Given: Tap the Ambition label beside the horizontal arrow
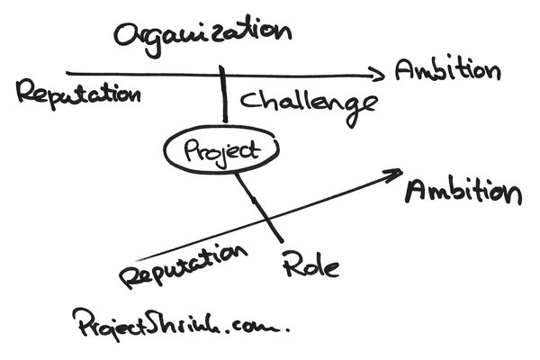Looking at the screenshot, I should tap(445, 72).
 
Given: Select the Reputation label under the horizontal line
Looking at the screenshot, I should tap(79, 93).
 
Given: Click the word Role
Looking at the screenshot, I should tap(308, 264).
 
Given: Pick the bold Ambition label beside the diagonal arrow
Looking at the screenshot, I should tap(463, 193).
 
